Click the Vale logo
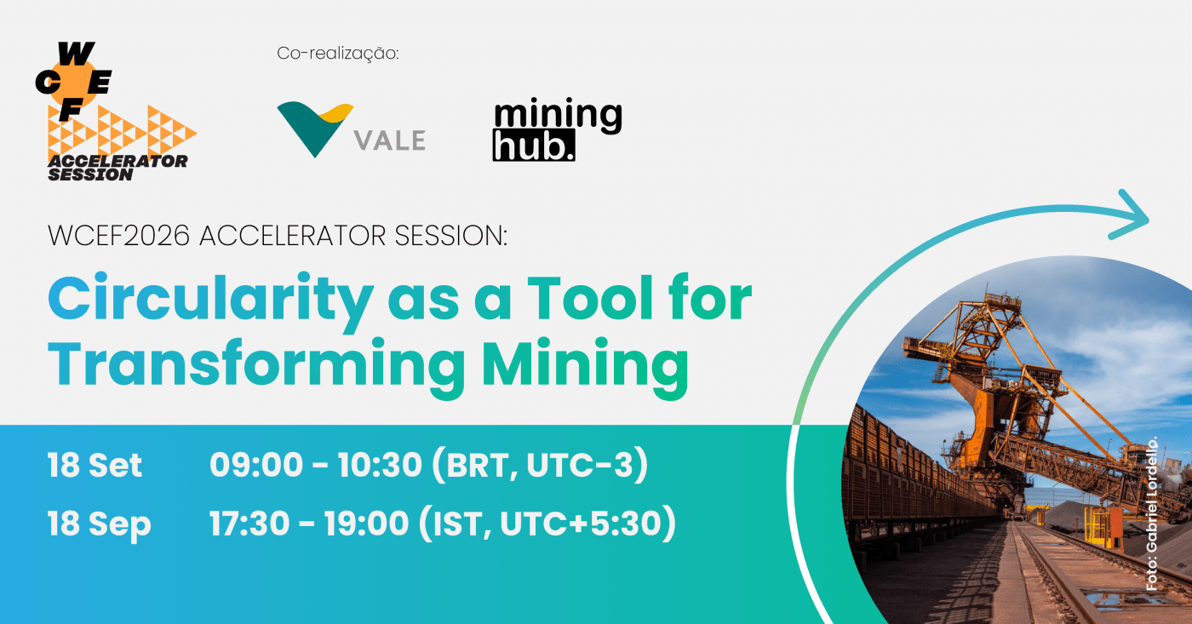click(x=351, y=129)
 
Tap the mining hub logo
click(x=557, y=129)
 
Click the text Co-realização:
click(x=338, y=53)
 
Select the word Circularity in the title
click(x=211, y=301)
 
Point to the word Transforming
click(x=256, y=367)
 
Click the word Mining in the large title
click(x=585, y=367)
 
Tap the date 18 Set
click(x=95, y=466)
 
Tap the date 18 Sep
click(x=100, y=525)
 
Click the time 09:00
click(x=256, y=465)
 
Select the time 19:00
click(x=367, y=524)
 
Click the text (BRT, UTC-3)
click(x=540, y=466)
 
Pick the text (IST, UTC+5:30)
click(x=547, y=524)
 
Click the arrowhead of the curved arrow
click(x=1132, y=215)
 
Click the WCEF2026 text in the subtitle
click(x=118, y=236)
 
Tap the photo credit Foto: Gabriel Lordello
click(x=1151, y=513)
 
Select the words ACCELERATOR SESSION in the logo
click(x=117, y=168)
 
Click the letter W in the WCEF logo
click(x=76, y=54)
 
